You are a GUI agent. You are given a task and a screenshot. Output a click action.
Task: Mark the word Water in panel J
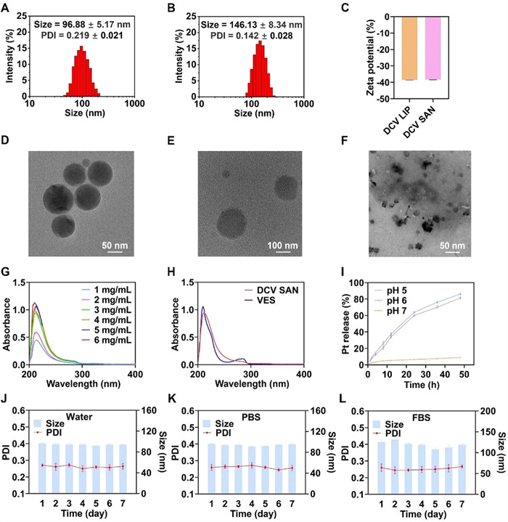pos(74,417)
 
